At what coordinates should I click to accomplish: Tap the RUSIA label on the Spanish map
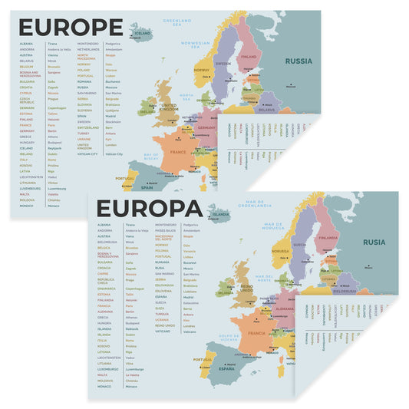tap(374, 242)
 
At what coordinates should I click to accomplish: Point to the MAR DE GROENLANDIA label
tap(256, 203)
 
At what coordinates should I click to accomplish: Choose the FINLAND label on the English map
tap(248, 55)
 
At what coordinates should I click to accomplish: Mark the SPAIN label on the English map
tap(146, 187)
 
